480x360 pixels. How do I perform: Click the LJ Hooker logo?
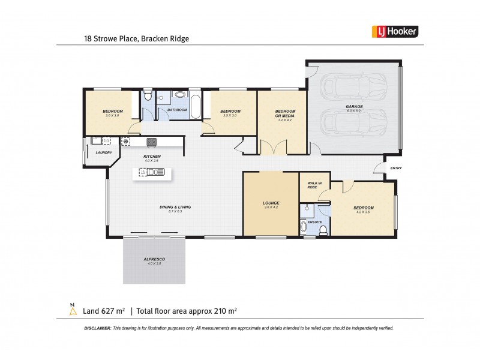[393, 32]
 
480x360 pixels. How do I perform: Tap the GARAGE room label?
[353, 107]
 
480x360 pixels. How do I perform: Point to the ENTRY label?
[396, 168]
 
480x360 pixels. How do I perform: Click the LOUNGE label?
[271, 203]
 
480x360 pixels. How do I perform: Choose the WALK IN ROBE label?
[314, 184]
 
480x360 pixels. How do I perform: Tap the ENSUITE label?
[314, 221]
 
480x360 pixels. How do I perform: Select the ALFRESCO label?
[154, 259]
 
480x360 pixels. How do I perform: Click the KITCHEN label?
[151, 157]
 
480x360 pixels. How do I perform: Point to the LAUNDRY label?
[104, 152]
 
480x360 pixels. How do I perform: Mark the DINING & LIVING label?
[175, 207]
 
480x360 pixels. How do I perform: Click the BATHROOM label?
[178, 110]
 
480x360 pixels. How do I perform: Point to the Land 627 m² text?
[103, 311]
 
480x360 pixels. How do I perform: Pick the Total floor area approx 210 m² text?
[187, 311]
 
